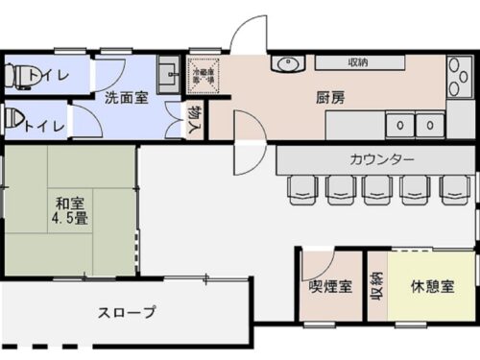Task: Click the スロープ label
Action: [x=127, y=312]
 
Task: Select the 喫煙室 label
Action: [x=329, y=285]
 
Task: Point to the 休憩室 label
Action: [x=432, y=285]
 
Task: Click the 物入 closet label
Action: [x=196, y=118]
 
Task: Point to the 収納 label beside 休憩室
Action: [x=376, y=285]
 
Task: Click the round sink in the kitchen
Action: [x=287, y=64]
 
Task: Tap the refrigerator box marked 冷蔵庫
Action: [x=204, y=75]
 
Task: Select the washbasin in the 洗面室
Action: [x=167, y=75]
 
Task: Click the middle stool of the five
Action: [x=376, y=189]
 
